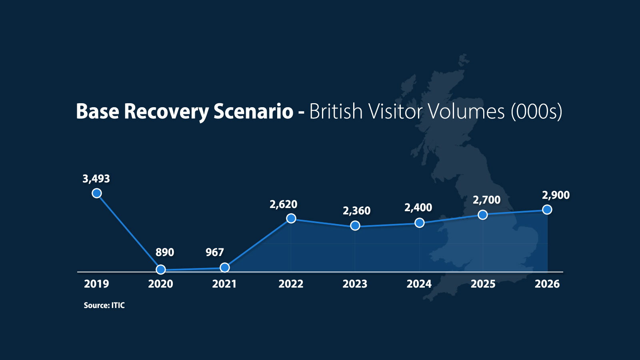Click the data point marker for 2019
[97, 194]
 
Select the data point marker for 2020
[161, 269]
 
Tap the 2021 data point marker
[225, 268]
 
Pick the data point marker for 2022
[291, 218]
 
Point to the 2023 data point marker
[355, 226]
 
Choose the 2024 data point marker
[420, 223]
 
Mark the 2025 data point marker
[483, 215]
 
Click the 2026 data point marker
[547, 210]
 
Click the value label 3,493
[96, 179]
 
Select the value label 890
[165, 252]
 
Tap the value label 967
[214, 252]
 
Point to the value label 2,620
[284, 204]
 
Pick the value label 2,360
[356, 211]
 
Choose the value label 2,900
[556, 195]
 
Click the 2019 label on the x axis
[96, 284]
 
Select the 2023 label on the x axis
[355, 284]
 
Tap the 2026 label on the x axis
[547, 284]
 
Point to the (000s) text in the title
[536, 112]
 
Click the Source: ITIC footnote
[104, 306]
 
